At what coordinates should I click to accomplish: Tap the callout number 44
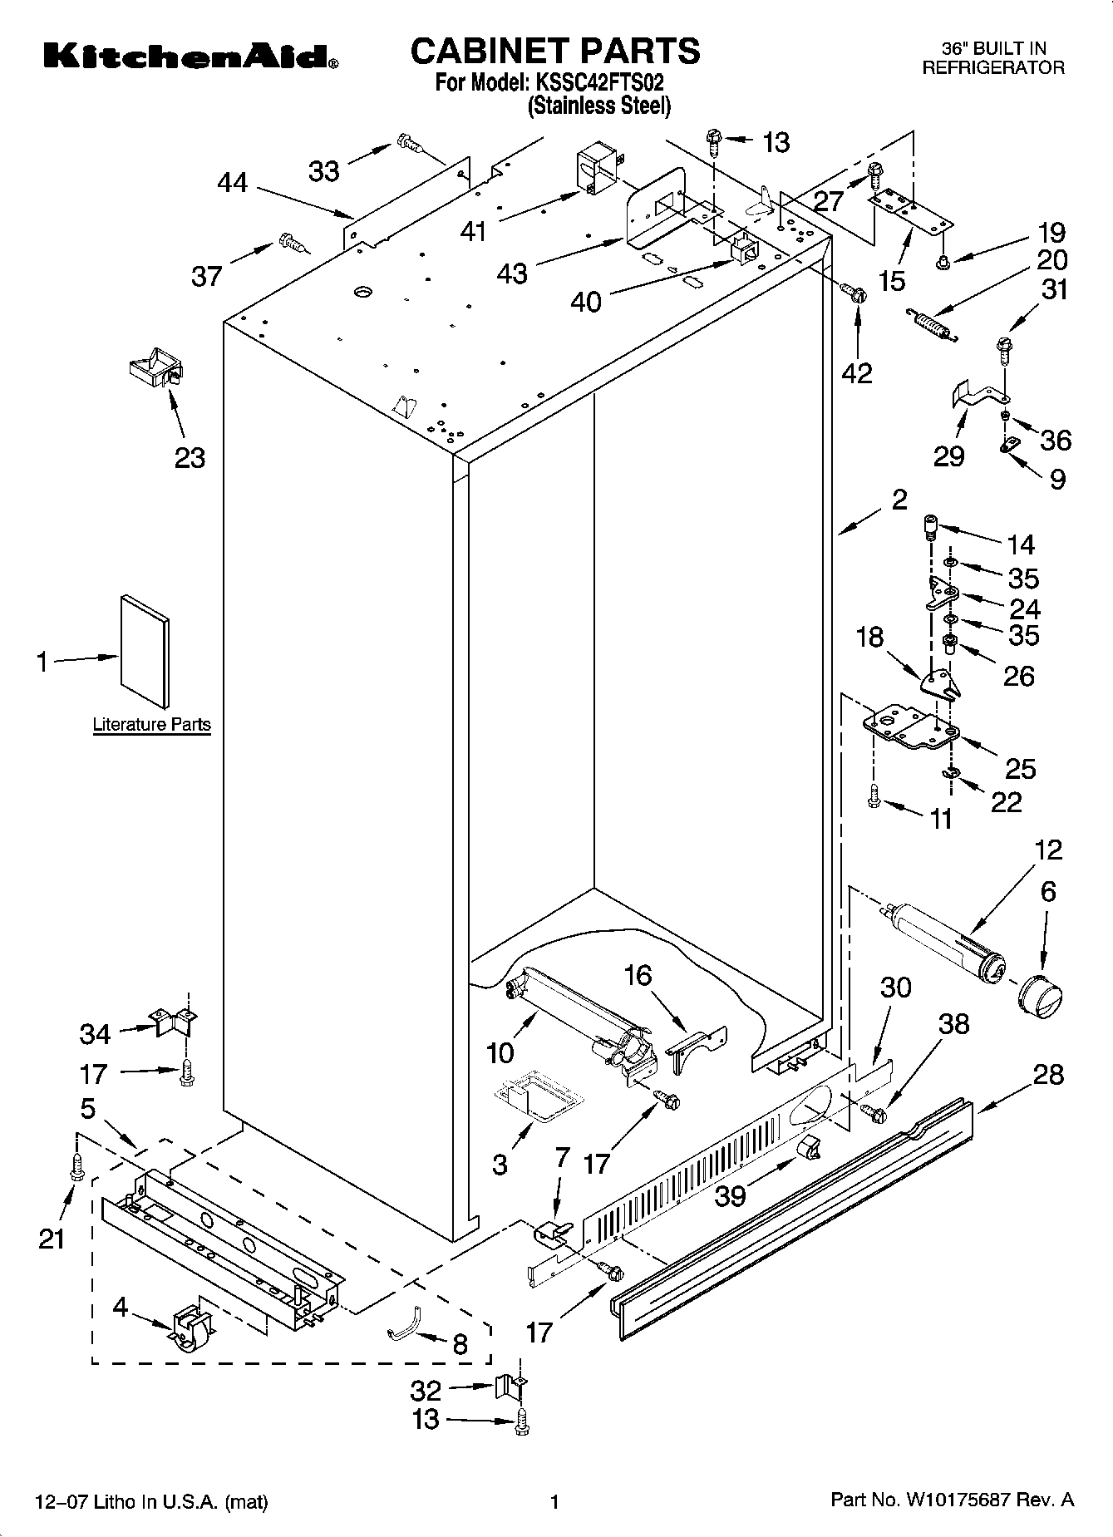coord(233,182)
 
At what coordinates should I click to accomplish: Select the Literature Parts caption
coord(151,724)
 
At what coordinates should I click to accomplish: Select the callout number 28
coord(1047,1074)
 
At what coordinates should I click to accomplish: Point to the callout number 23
coord(190,457)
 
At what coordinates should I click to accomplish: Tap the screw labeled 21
coord(77,1165)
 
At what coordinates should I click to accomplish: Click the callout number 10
coord(500,1052)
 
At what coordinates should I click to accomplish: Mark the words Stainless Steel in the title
coord(598,106)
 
